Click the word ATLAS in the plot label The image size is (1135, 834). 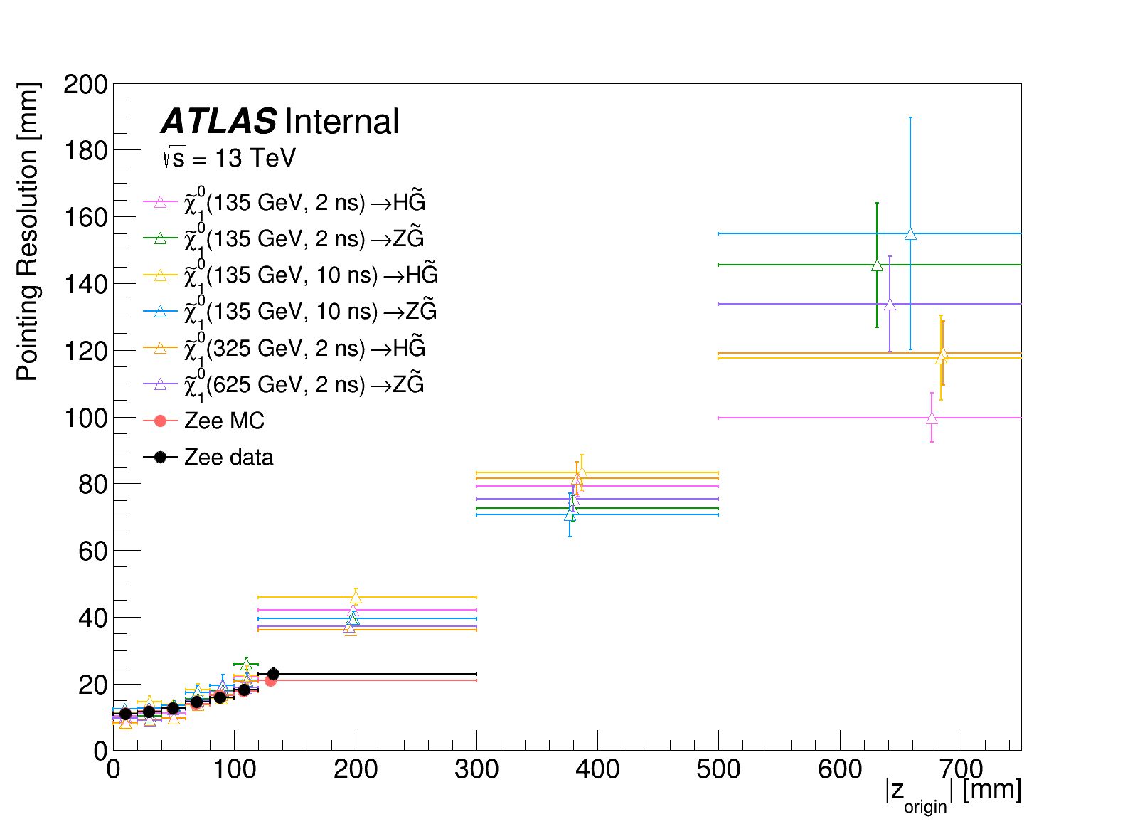coord(218,122)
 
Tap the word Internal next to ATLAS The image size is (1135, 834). coord(341,122)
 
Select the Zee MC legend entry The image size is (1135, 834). coord(223,421)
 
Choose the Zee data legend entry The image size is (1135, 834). coord(228,457)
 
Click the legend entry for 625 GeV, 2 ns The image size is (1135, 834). coord(304,384)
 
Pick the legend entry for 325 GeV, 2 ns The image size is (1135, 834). coord(304,348)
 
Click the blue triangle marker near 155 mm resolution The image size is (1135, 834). coord(910,233)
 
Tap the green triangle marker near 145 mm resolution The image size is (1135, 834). coord(877,265)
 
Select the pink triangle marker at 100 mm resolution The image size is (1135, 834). coord(932,418)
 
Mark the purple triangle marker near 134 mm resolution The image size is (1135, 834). coord(890,304)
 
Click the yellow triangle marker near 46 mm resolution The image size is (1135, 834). coord(356,597)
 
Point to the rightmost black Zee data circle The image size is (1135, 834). coord(273,674)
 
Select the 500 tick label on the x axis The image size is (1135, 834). coord(718,769)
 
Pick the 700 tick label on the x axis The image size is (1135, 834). coord(961,769)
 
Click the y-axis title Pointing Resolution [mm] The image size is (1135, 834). coord(28,231)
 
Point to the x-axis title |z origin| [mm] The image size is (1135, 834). coord(953,793)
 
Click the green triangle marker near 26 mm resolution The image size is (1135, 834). coord(246,664)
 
